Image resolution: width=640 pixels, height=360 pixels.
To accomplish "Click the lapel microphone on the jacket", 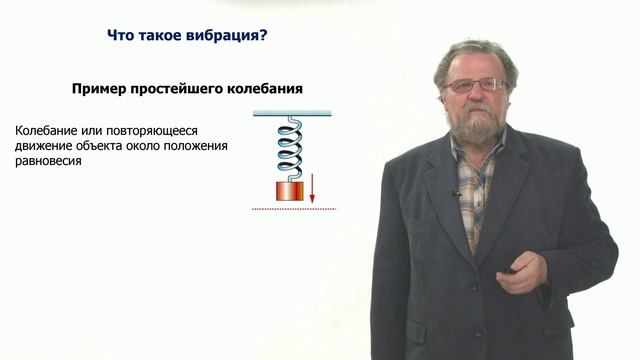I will pos(457,193).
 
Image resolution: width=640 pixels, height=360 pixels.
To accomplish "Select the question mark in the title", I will pos(262,37).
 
